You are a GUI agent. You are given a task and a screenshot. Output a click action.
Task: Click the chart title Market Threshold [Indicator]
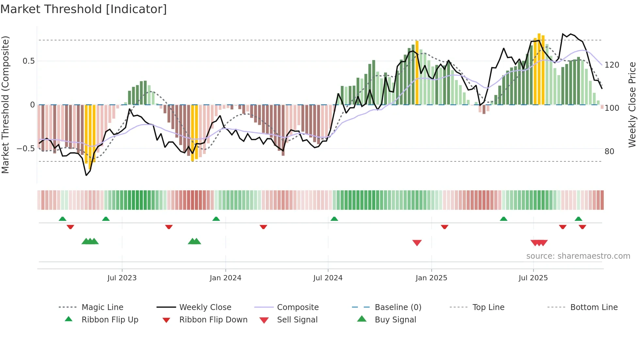[84, 9]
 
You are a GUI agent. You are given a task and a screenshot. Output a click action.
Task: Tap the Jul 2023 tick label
[122, 278]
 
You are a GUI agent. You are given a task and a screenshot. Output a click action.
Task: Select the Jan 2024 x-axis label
[225, 278]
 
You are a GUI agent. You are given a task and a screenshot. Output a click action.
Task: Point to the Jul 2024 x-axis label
[328, 278]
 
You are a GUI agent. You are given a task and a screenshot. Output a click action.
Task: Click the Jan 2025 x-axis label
[431, 278]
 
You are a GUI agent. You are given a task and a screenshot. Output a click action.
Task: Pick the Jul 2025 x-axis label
[533, 278]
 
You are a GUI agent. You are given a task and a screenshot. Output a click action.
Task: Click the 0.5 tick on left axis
[29, 61]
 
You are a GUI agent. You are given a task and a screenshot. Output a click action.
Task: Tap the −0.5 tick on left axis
[26, 149]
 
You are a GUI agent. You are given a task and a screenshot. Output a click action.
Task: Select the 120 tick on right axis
[612, 65]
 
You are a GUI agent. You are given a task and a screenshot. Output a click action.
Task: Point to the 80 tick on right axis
[609, 152]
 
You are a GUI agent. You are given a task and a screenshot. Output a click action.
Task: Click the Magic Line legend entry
[102, 307]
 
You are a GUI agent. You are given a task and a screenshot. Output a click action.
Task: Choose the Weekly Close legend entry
[205, 307]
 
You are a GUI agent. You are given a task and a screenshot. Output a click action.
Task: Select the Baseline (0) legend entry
[398, 307]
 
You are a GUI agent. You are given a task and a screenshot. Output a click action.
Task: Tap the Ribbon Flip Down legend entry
[213, 320]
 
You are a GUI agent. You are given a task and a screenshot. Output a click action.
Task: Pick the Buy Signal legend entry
[395, 320]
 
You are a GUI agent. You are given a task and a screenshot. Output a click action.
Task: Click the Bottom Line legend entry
[594, 307]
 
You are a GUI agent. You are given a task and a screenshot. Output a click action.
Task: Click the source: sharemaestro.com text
[578, 256]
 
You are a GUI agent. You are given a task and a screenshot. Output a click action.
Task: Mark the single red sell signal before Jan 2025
[417, 243]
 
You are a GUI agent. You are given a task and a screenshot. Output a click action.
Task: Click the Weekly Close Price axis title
[632, 105]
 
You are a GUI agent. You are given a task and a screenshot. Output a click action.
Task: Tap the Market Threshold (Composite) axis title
[5, 105]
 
